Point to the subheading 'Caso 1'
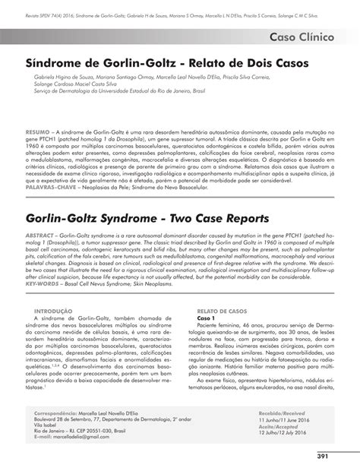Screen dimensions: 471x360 207,318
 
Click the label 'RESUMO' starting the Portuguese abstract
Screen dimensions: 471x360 37,131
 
